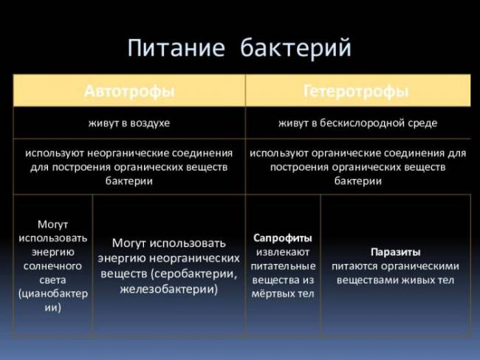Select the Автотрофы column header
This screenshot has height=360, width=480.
[129, 92]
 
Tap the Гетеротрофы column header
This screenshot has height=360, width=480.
[356, 92]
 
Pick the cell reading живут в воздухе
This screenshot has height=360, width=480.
[129, 123]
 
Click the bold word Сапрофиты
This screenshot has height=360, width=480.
[282, 238]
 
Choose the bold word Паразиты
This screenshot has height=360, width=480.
[395, 251]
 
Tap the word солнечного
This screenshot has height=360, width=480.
[52, 265]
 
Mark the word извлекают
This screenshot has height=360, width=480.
[283, 252]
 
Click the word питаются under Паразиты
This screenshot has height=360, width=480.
[358, 266]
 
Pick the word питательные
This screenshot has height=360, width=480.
[283, 266]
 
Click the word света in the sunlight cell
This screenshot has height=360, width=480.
[52, 279]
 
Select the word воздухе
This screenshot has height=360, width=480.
[150, 123]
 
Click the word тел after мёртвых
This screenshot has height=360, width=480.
[304, 294]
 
